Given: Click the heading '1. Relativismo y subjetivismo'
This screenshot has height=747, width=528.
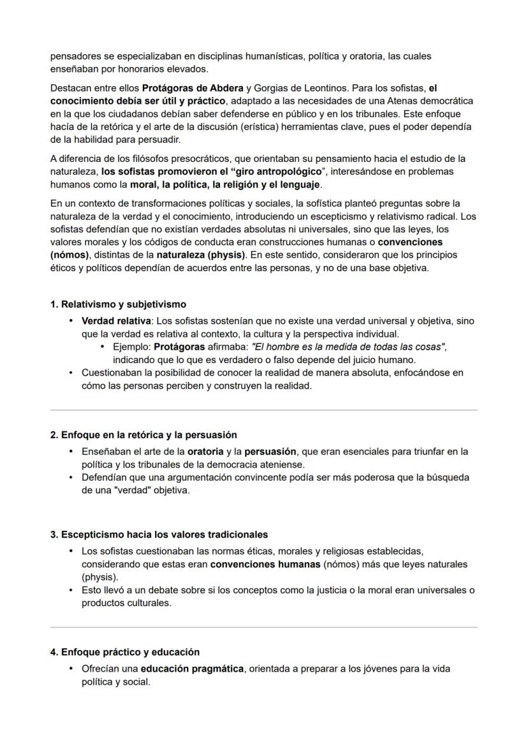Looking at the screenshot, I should point(118,304).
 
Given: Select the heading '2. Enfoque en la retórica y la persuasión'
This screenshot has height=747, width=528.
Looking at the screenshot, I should point(143,435).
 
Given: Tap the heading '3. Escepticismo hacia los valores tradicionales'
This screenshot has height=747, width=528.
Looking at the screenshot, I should point(159,534).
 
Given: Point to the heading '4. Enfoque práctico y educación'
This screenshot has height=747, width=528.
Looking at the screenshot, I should point(125,652).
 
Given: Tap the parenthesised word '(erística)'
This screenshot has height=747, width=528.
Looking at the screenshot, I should point(256,127).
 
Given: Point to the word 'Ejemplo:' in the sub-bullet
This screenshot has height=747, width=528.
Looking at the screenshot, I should point(132,346).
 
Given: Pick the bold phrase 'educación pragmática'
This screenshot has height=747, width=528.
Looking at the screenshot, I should point(192,669).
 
